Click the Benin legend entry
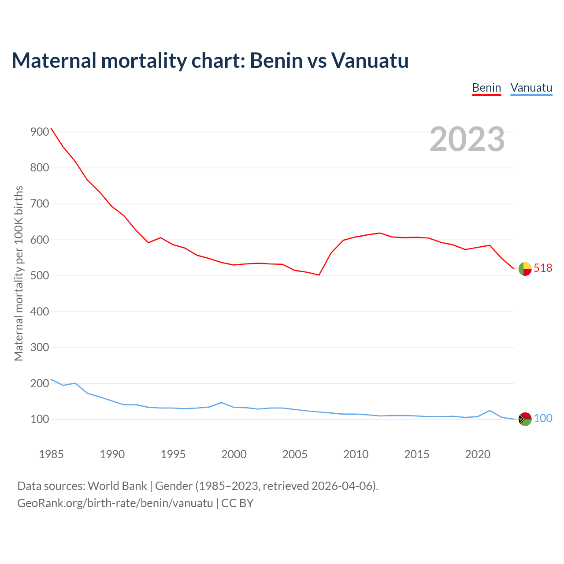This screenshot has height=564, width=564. point(486,88)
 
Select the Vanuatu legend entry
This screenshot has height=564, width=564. point(531,88)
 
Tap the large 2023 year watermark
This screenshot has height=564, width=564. point(467,139)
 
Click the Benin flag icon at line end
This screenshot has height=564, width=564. point(525,269)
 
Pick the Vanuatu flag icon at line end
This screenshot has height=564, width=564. point(525,419)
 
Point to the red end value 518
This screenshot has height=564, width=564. point(543,268)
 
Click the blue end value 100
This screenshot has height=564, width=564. point(543,419)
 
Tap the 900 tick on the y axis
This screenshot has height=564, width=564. point(40,132)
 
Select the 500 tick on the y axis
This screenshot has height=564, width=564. point(40,276)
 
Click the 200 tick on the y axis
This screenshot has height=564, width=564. point(40,383)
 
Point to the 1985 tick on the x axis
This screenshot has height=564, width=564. point(51,454)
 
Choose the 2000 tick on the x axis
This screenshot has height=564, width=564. point(234,454)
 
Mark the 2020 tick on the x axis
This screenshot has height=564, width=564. point(478,454)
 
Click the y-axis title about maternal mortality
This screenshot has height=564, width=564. point(19,273)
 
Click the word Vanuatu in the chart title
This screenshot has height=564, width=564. point(370,60)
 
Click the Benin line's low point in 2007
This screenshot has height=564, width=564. point(319,275)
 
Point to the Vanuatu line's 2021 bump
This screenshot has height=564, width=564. point(490,411)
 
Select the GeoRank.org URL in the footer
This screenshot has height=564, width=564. point(115,503)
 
